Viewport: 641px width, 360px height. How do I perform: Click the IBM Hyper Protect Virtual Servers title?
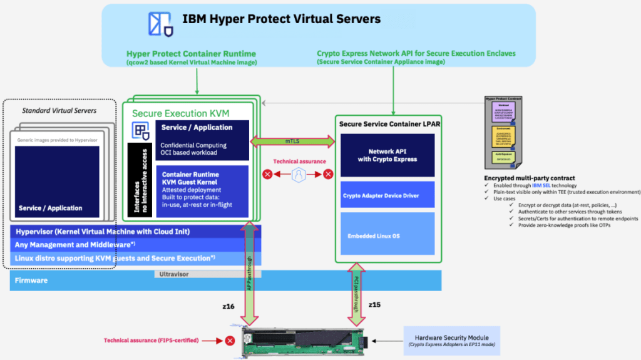point(281,19)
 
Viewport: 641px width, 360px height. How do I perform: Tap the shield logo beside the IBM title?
point(160,23)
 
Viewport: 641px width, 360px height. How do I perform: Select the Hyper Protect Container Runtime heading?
point(191,54)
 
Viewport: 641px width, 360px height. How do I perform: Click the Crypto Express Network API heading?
point(416,54)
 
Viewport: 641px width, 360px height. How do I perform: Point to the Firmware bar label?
point(32,280)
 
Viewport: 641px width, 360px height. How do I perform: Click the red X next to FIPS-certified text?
point(230,341)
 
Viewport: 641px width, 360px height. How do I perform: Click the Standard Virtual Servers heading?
point(59,111)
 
